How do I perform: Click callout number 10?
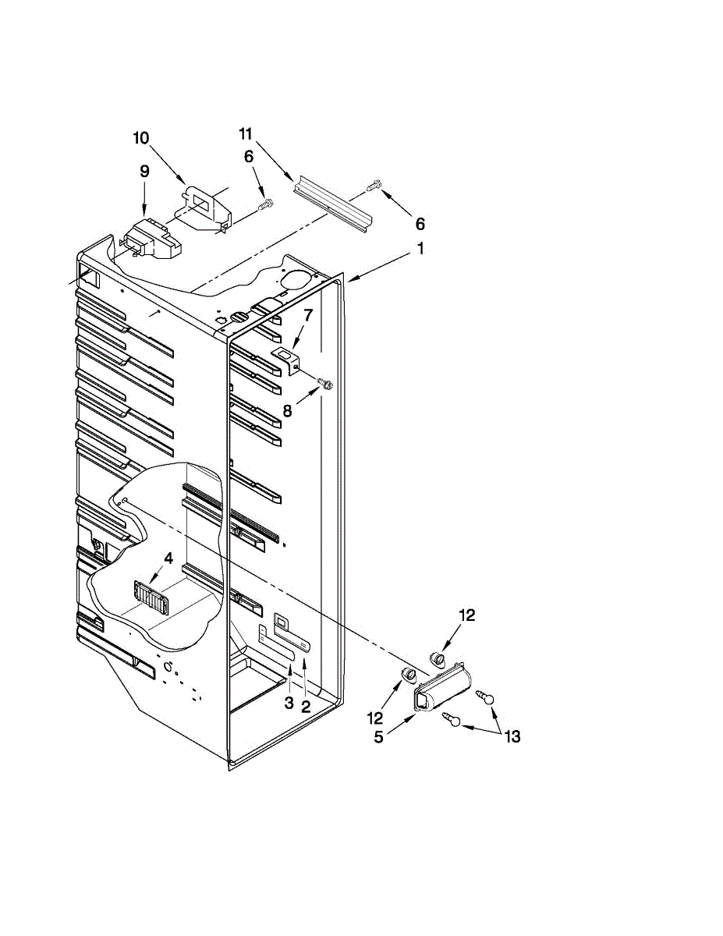point(140,139)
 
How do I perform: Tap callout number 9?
point(144,172)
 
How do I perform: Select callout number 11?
point(247,135)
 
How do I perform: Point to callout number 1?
point(419,250)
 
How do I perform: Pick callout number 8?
point(287,410)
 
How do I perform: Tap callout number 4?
point(168,558)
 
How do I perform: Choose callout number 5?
point(378,737)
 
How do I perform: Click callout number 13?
point(512,736)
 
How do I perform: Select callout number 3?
point(289,704)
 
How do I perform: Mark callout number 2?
point(306,707)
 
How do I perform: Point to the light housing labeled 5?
point(442,691)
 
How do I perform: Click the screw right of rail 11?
point(374,185)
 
